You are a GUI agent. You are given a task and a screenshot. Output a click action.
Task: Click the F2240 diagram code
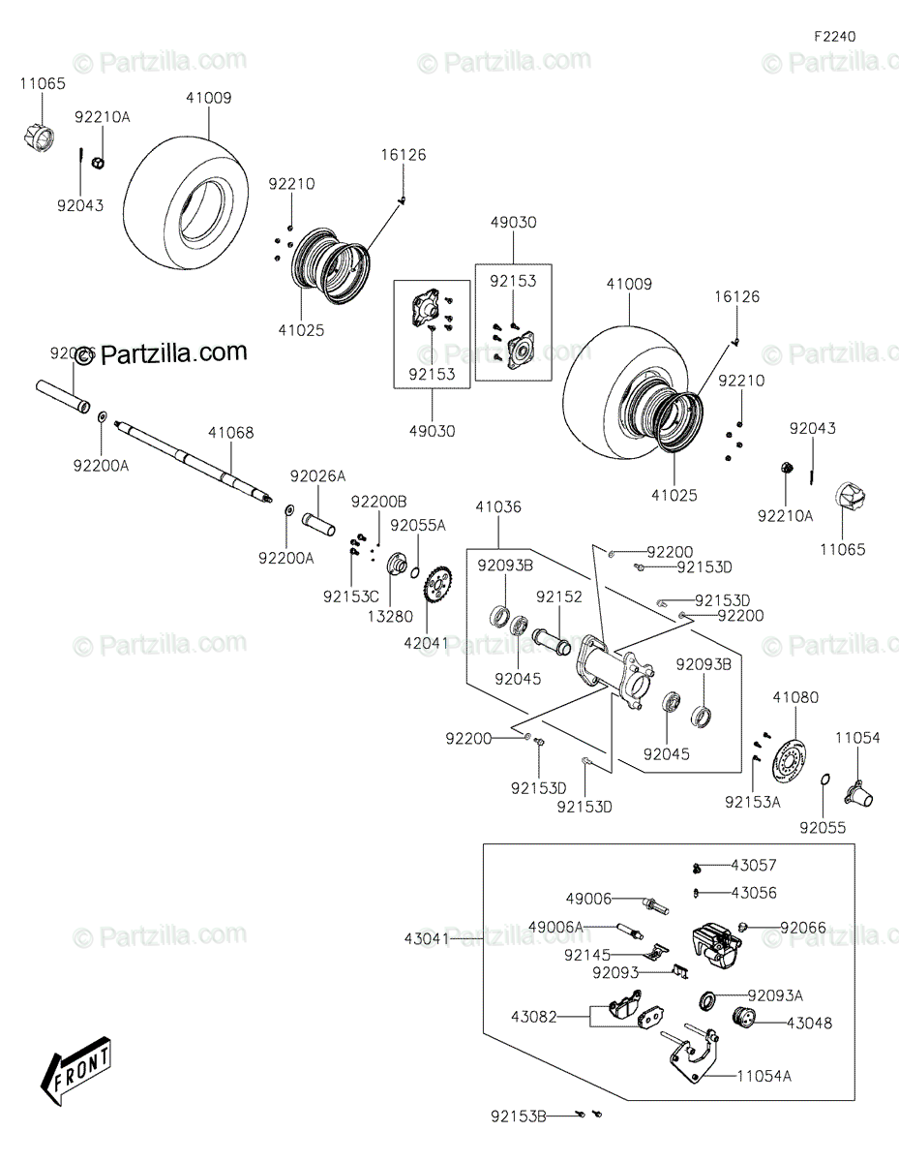(x=834, y=37)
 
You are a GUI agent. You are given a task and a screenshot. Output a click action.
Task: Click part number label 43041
(x=428, y=938)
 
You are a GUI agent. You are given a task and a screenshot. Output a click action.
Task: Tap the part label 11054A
(x=764, y=1075)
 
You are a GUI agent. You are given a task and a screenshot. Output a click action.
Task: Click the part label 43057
(x=753, y=865)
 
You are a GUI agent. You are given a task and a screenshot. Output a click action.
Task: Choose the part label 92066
(x=803, y=928)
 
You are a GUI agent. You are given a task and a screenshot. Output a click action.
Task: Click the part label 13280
(x=392, y=616)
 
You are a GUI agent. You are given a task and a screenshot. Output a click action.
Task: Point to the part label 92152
(x=559, y=597)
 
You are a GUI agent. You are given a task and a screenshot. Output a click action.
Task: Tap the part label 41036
(x=498, y=506)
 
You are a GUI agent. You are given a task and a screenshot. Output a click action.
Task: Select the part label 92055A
(x=417, y=526)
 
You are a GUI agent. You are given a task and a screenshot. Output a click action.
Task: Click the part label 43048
(x=808, y=1023)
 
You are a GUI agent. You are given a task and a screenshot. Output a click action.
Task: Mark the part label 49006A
(x=555, y=928)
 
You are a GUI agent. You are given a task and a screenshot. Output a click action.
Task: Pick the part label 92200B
(x=378, y=502)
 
